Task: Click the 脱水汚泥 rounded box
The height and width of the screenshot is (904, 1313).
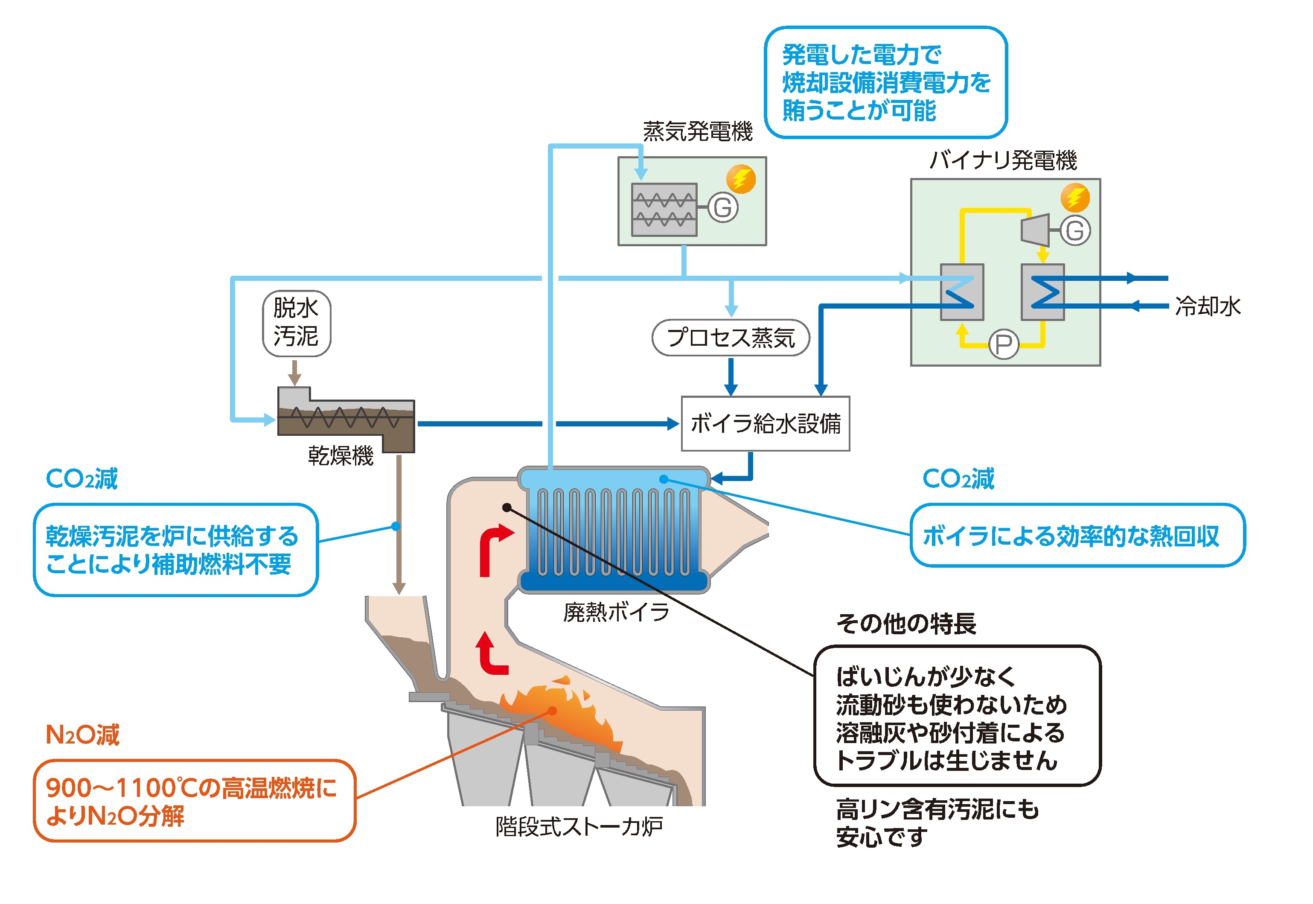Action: point(296,323)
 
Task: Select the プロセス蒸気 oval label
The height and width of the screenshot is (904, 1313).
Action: point(731,338)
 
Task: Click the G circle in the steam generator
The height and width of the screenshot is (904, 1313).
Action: point(723,208)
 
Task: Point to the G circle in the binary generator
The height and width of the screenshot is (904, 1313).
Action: point(1074,230)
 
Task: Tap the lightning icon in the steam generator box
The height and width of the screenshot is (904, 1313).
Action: point(741,179)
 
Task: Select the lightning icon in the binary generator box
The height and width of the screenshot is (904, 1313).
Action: point(1074,198)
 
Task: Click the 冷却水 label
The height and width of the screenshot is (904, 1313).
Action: point(1208,306)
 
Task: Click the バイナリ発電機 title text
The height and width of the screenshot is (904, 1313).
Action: point(1003,160)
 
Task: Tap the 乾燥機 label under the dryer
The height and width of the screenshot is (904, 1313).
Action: point(340,456)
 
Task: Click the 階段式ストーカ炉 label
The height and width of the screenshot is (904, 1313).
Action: point(579,827)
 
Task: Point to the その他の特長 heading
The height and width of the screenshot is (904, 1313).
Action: point(906,624)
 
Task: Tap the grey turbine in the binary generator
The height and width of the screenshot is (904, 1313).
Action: point(1035,230)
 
